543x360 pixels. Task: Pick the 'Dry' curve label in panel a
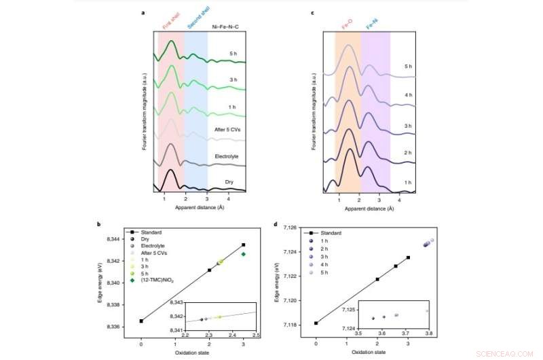click(229, 183)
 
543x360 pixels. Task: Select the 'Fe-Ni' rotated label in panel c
click(372, 25)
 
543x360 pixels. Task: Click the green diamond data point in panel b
click(243, 254)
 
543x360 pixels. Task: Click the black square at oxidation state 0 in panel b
click(141, 321)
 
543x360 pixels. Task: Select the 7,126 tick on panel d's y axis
click(303, 228)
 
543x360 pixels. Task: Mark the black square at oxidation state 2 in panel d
click(377, 279)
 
